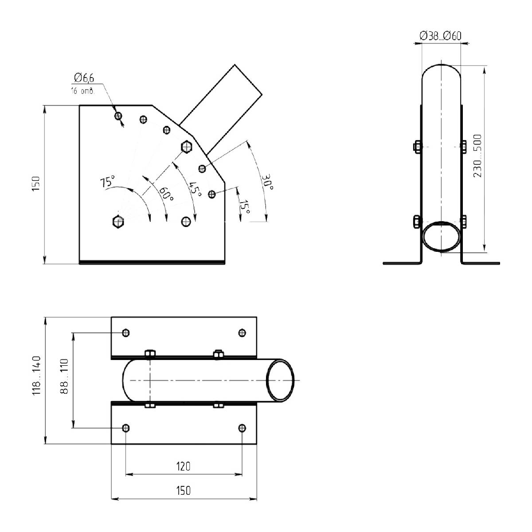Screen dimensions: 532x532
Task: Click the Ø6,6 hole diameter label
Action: (x=84, y=78)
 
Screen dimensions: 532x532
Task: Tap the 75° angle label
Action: (x=108, y=181)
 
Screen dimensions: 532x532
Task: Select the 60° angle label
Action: (x=166, y=194)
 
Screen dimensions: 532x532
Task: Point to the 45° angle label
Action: (x=196, y=189)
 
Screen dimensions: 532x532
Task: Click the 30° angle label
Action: (x=267, y=182)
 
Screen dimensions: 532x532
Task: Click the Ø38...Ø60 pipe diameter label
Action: (x=440, y=36)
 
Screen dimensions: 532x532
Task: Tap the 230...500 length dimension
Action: (x=477, y=156)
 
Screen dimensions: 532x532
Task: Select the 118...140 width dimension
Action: (x=36, y=376)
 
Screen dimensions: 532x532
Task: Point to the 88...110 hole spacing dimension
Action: (x=64, y=376)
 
